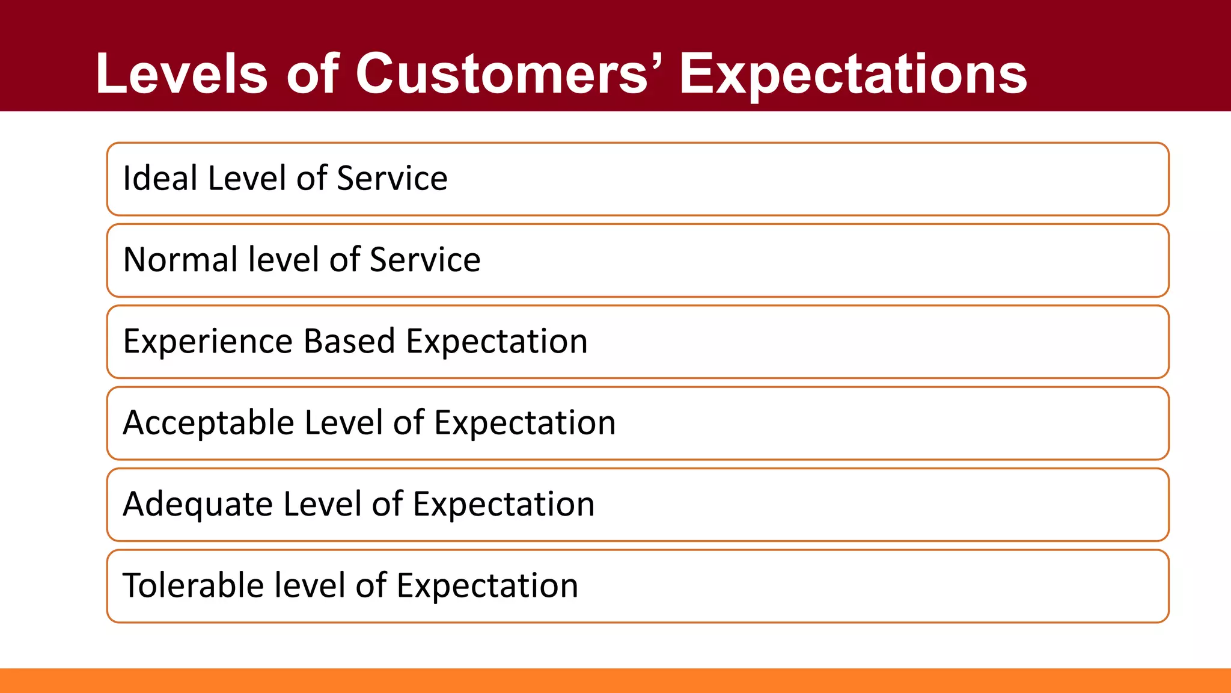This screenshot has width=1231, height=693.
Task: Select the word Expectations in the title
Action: pyautogui.click(x=853, y=75)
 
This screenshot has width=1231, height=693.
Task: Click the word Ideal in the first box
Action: pyautogui.click(x=160, y=178)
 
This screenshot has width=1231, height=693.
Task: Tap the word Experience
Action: pyautogui.click(x=208, y=342)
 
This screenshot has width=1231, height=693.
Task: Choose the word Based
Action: pyautogui.click(x=349, y=341)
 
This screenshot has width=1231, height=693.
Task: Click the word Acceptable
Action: pyautogui.click(x=208, y=423)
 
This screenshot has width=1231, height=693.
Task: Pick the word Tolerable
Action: pyautogui.click(x=193, y=585)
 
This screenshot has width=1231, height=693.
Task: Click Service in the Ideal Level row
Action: pyautogui.click(x=392, y=178)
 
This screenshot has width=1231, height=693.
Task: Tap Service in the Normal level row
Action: pyautogui.click(x=425, y=260)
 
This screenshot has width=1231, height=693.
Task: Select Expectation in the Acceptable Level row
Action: pyautogui.click(x=525, y=423)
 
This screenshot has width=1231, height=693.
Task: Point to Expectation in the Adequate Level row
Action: pyautogui.click(x=504, y=504)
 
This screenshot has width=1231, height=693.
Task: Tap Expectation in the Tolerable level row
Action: pyautogui.click(x=487, y=585)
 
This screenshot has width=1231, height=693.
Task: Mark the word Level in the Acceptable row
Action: pyautogui.click(x=343, y=423)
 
